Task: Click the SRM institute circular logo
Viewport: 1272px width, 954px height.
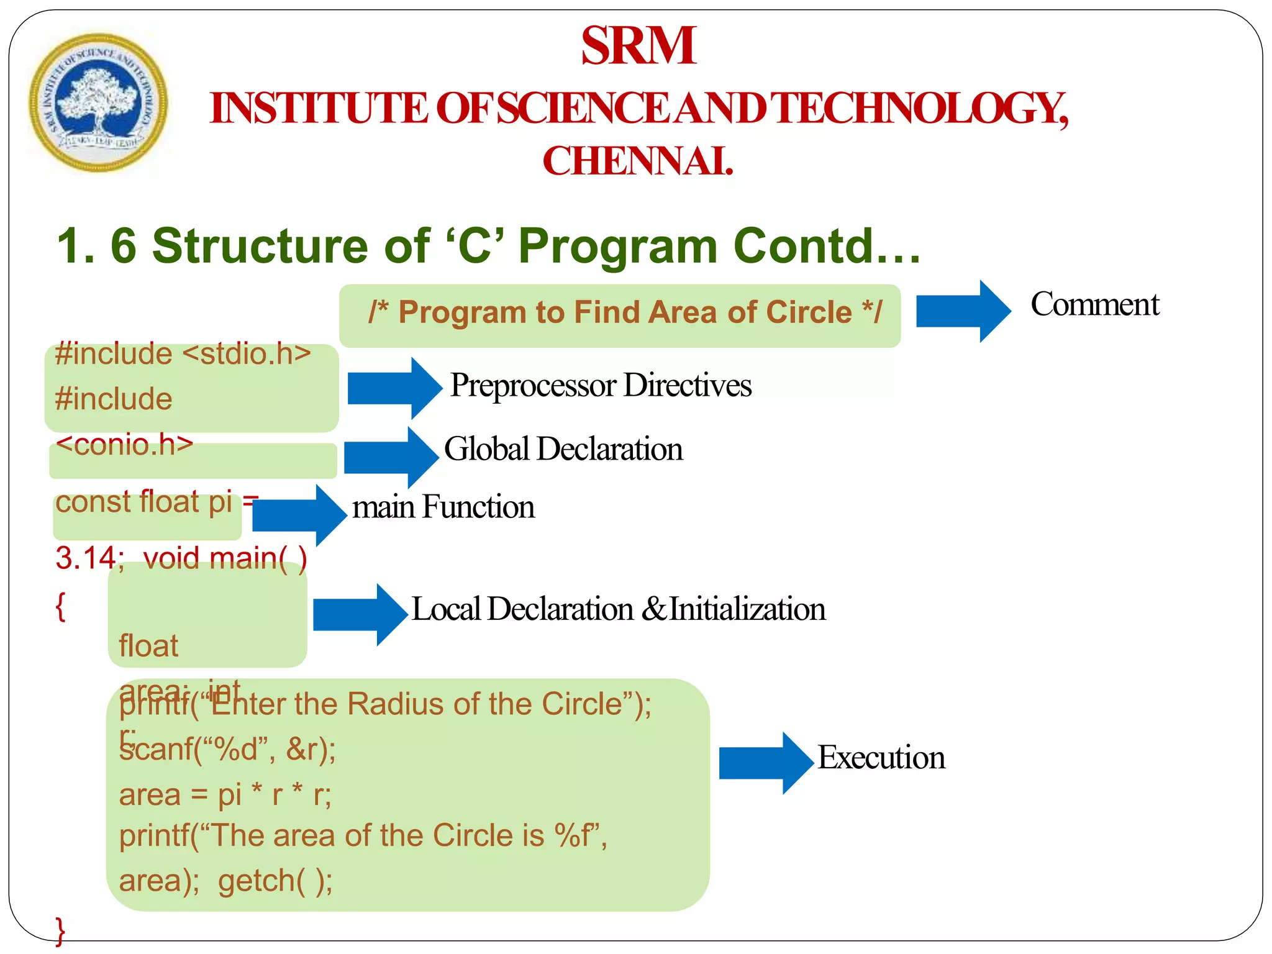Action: pyautogui.click(x=98, y=102)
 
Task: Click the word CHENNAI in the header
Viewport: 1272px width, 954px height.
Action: pyautogui.click(x=638, y=161)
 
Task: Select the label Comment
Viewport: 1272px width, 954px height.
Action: pyautogui.click(x=1094, y=305)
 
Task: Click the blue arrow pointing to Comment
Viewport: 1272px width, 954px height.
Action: pyautogui.click(x=962, y=311)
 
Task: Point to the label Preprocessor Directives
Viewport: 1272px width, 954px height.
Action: pyautogui.click(x=601, y=385)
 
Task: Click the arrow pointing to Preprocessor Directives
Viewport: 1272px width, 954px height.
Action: pyautogui.click(x=394, y=388)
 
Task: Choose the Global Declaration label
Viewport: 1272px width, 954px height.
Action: pyautogui.click(x=563, y=449)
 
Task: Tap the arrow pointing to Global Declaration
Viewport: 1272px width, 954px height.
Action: pyautogui.click(x=390, y=457)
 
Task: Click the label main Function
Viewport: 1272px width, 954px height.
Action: pyautogui.click(x=443, y=507)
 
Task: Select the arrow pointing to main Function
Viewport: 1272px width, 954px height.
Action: pyautogui.click(x=299, y=516)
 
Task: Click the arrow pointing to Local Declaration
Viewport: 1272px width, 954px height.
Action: pyautogui.click(x=359, y=615)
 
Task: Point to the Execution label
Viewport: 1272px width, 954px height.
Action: pyautogui.click(x=881, y=758)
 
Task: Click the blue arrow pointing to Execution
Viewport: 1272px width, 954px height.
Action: pyautogui.click(x=765, y=763)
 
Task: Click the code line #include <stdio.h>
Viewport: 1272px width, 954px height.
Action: pyautogui.click(x=183, y=354)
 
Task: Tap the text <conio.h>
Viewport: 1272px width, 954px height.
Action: pyautogui.click(x=124, y=445)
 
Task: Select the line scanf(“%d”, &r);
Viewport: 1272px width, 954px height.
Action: pyautogui.click(x=227, y=750)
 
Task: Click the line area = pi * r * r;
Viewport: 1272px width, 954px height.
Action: pyautogui.click(x=225, y=795)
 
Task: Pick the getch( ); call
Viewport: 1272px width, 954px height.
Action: pyautogui.click(x=275, y=881)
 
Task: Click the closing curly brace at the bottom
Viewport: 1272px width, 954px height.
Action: pyautogui.click(x=60, y=930)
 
